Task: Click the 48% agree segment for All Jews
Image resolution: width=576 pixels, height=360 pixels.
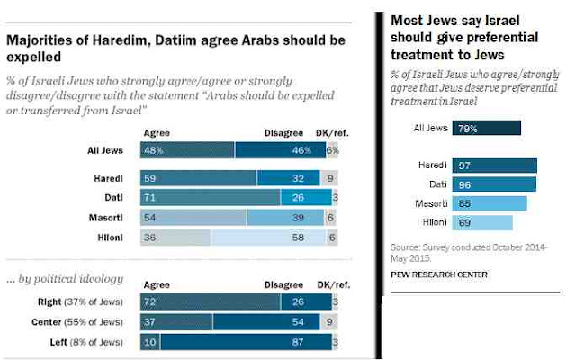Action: tap(188, 150)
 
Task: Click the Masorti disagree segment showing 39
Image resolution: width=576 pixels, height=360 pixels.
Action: tap(285, 217)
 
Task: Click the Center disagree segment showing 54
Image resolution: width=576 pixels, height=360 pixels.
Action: tap(271, 322)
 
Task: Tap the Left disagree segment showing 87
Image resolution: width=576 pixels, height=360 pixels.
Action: tap(244, 342)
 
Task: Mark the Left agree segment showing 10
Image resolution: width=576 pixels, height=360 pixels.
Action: tap(149, 342)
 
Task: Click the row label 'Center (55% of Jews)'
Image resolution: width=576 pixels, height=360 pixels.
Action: tap(91, 322)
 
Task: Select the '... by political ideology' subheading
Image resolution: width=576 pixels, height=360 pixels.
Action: tap(66, 279)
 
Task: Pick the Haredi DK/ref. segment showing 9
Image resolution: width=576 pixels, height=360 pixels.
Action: tap(330, 177)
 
